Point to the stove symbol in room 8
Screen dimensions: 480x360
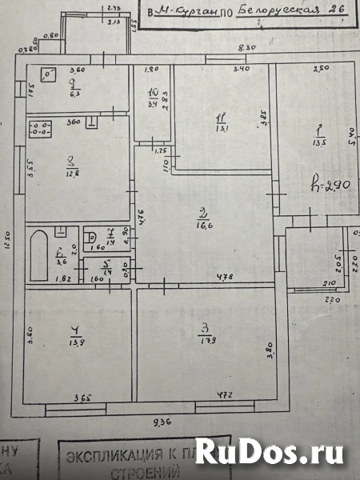(x=39, y=130)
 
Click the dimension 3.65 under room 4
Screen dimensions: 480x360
(x=82, y=397)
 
